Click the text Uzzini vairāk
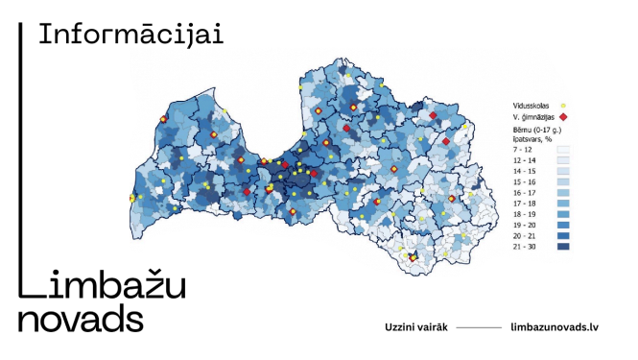(415, 326)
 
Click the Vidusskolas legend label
(532, 104)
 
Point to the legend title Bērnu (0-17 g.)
(535, 128)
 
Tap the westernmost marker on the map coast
(132, 198)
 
